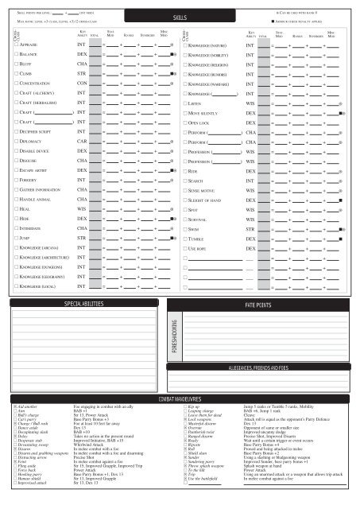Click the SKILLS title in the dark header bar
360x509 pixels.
(180, 17)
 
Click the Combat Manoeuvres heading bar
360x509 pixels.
(180, 374)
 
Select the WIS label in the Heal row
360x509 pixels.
(82, 182)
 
